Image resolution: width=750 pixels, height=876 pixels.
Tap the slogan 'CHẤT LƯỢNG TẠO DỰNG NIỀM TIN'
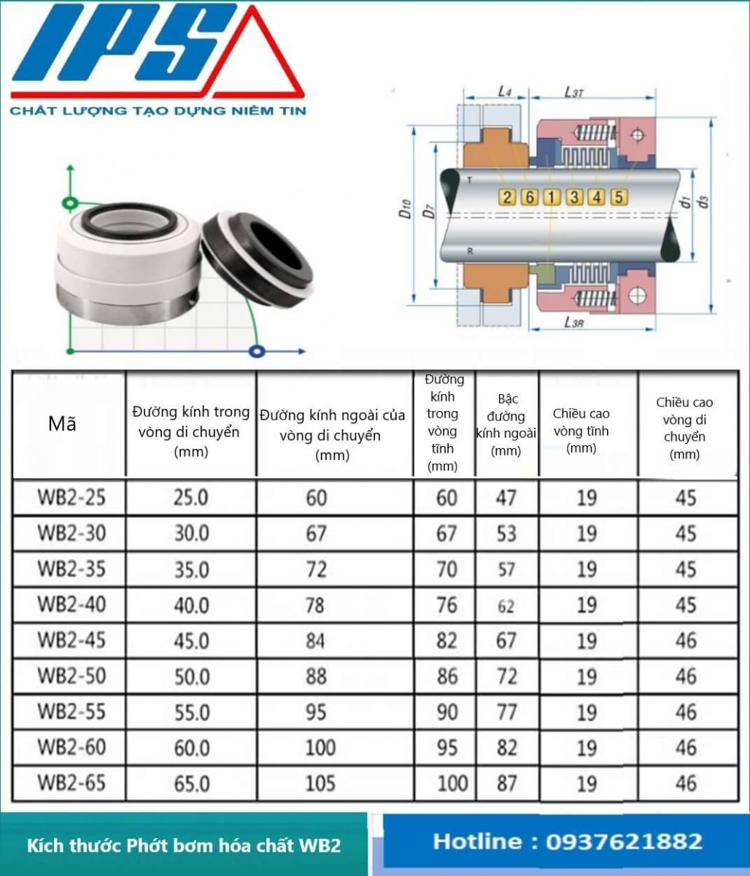158,111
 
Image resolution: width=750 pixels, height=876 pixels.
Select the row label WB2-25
71,498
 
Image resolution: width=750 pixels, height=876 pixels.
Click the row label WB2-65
71,783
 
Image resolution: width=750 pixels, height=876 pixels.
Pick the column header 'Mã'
62,424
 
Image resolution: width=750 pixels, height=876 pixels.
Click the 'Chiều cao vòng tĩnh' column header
581,431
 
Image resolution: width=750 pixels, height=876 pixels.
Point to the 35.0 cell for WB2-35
191,569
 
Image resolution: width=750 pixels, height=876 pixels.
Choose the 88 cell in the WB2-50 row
316,676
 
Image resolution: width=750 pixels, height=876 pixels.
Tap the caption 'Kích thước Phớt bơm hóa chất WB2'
184,846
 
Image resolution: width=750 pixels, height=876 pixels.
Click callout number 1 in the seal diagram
552,196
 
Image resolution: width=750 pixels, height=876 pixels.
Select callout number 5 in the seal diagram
618,196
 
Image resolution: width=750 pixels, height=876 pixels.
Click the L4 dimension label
504,91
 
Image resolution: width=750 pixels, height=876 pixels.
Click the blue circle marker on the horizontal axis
255,352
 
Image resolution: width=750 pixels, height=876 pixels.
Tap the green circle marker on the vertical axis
70,202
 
